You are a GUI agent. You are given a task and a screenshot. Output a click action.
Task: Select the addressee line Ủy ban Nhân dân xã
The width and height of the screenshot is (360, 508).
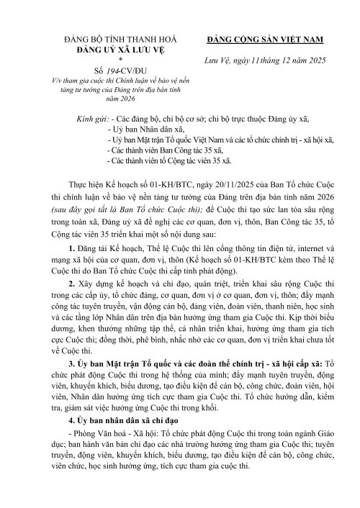click(144, 135)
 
